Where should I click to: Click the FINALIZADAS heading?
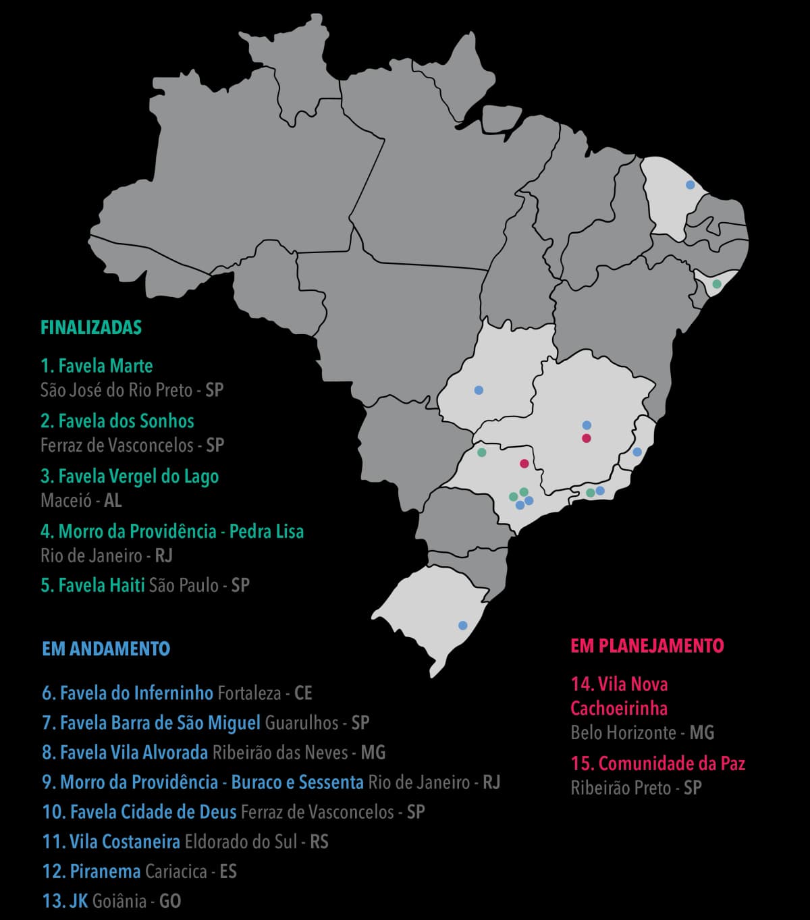tap(91, 328)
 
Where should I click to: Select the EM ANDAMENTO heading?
tap(106, 649)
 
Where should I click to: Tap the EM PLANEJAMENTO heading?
tap(647, 646)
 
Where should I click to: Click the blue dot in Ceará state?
tap(690, 184)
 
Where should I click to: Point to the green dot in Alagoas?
tap(717, 284)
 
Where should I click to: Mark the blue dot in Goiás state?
tap(479, 390)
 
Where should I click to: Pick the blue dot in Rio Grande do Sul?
tap(462, 625)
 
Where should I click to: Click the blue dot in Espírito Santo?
tap(637, 452)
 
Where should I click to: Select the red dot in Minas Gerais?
tap(587, 438)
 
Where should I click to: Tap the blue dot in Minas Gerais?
tap(587, 425)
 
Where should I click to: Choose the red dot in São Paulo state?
tap(524, 463)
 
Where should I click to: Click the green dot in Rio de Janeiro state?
tap(590, 493)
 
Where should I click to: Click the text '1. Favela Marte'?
tap(97, 366)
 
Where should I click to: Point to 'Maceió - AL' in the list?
tap(81, 500)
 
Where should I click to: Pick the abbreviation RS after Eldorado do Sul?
tap(319, 842)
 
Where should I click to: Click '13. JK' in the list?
tap(65, 901)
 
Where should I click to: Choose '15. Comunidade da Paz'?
tap(657, 763)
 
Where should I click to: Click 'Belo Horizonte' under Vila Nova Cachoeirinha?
tap(623, 732)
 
